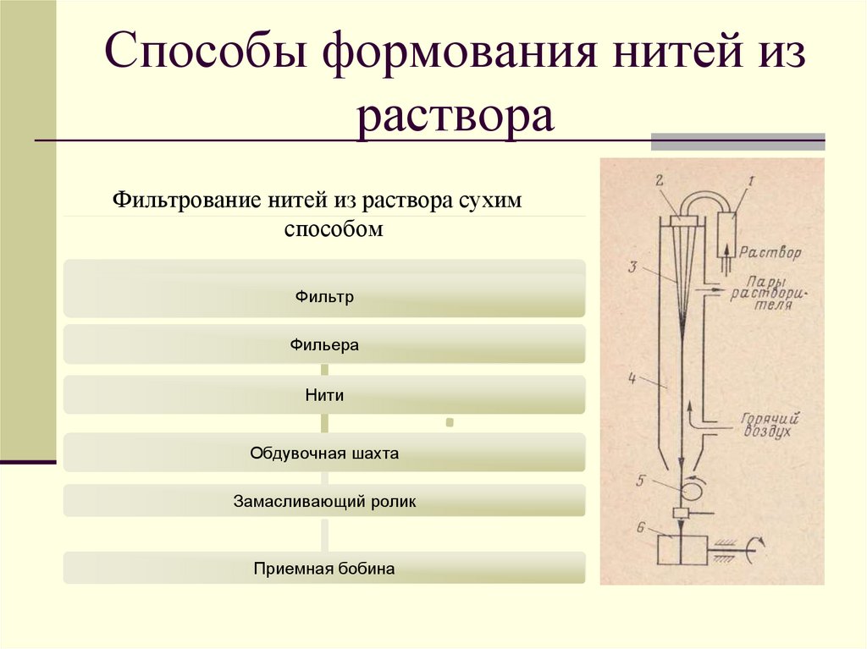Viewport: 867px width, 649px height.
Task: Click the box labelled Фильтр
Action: click(324, 297)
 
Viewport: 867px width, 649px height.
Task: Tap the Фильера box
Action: click(324, 345)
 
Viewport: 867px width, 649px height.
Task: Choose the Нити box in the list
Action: click(324, 395)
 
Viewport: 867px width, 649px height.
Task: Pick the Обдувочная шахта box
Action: click(324, 454)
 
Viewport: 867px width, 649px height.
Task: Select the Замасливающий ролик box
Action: click(324, 501)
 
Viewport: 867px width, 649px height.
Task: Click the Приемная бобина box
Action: click(324, 569)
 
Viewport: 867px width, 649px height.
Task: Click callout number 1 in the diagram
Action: click(749, 180)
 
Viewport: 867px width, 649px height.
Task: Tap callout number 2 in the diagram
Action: click(659, 179)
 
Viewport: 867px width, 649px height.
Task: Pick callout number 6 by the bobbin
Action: click(641, 528)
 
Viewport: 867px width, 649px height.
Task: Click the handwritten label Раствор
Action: click(770, 252)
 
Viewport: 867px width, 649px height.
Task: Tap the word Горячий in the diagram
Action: click(771, 417)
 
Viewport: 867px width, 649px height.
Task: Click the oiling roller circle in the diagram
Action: click(698, 488)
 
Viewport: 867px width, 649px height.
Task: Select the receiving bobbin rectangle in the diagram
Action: click(682, 551)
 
